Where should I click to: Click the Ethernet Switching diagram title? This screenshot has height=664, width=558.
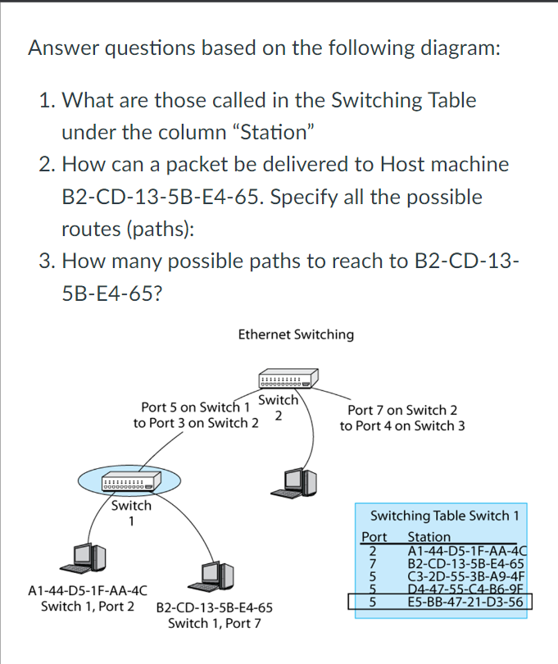point(296,334)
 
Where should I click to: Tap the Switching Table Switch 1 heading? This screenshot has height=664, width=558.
point(445,516)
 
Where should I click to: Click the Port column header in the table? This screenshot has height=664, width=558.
point(374,537)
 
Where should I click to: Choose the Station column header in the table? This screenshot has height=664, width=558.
point(429,537)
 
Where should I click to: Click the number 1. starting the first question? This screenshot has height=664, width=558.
point(48,101)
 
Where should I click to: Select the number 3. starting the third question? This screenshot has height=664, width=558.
point(48,262)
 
